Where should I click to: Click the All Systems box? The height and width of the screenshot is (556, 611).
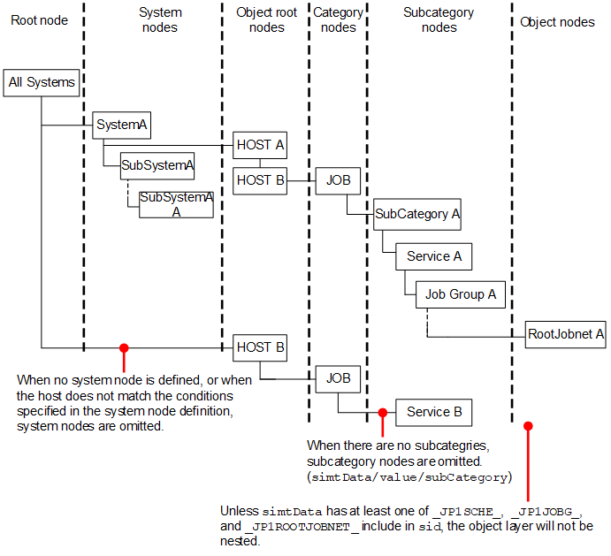(41, 83)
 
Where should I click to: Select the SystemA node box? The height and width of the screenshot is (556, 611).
(121, 126)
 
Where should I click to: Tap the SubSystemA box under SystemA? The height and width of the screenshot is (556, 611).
(157, 164)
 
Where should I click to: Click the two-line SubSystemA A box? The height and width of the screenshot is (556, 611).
(176, 204)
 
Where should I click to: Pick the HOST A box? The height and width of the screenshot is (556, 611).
(260, 145)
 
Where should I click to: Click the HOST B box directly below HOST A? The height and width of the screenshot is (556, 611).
(260, 180)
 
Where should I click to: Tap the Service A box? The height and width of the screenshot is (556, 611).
(433, 257)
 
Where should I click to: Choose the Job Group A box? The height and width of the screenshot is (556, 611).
(460, 294)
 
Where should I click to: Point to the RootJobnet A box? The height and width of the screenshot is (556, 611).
(566, 334)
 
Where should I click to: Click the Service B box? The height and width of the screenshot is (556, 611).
(433, 412)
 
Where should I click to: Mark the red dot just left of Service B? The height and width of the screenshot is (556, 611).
(382, 412)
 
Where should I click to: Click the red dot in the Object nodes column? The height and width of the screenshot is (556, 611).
(529, 426)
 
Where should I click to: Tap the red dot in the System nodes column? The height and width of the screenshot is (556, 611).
(124, 347)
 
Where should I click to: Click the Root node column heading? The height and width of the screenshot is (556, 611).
(39, 20)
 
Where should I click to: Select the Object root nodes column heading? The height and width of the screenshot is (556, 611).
(266, 20)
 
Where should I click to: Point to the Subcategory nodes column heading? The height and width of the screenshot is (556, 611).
(439, 20)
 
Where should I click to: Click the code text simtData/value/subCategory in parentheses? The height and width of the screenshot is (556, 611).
(409, 477)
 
